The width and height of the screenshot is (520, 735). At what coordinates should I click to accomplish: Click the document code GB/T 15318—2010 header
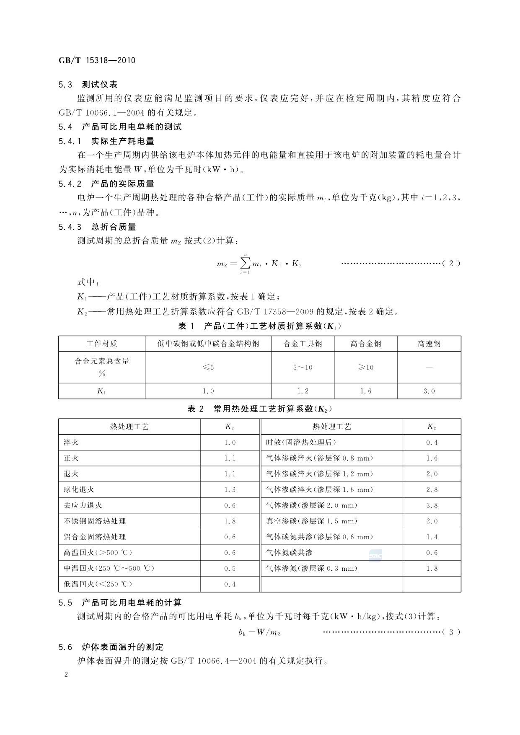coord(97,60)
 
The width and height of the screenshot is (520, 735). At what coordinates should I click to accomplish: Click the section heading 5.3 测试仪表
coord(88,85)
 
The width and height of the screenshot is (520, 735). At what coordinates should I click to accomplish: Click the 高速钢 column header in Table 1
coord(429,344)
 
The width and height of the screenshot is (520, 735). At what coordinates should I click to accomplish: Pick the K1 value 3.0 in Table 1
coord(429,391)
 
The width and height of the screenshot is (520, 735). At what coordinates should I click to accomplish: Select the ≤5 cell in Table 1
coord(208,367)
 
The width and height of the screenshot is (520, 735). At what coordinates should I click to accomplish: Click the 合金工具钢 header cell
coord(303,344)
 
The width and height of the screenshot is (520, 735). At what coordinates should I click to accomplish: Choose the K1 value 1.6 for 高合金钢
coord(366,391)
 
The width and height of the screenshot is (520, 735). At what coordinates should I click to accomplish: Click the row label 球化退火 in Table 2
coord(79,489)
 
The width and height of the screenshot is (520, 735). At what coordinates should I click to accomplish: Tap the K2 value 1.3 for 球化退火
coord(230,489)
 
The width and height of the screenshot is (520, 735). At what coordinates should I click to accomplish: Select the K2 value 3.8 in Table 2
coord(432,505)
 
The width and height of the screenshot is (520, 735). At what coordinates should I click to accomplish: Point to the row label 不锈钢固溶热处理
coord(95,521)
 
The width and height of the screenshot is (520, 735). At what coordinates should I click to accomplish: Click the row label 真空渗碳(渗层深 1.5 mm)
coord(312,521)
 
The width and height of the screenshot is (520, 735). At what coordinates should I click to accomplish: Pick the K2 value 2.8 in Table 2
coord(432,489)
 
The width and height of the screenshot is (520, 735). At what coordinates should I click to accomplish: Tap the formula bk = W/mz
coord(259,632)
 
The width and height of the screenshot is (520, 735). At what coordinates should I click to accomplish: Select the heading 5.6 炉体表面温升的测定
coord(111,647)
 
